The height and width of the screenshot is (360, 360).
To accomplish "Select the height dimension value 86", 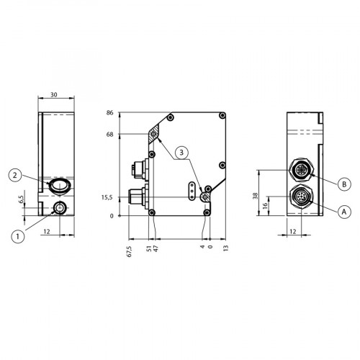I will [x=109, y=114].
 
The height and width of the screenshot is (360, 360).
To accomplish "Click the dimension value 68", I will [x=109, y=134].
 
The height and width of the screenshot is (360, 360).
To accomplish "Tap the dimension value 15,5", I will [x=107, y=197].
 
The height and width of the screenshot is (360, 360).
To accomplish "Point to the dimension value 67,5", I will [x=129, y=251].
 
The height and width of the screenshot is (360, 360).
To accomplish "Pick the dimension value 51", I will [x=148, y=249].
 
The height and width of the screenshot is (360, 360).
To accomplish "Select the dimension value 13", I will [x=225, y=249].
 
